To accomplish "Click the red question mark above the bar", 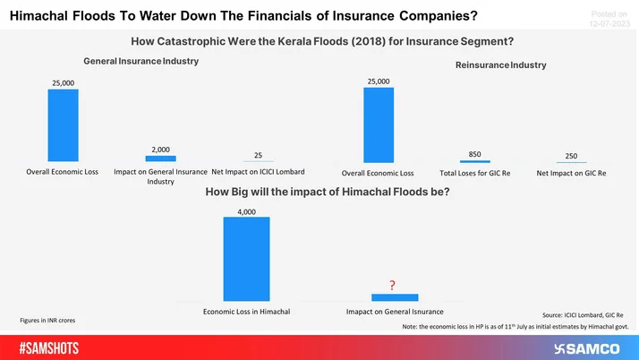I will click(392, 286).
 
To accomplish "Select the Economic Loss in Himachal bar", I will click(246, 259).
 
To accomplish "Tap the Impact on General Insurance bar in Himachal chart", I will click(394, 297).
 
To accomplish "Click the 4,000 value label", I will click(246, 211).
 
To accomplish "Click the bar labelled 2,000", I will click(160, 158).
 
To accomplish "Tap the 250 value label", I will click(571, 154).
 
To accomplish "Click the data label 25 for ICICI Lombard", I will click(258, 155).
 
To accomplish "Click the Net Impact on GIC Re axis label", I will click(571, 173).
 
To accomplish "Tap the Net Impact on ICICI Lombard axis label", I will click(258, 170).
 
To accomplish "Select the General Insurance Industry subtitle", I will click(141, 61).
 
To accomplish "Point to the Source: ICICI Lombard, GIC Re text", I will click(586, 315).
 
